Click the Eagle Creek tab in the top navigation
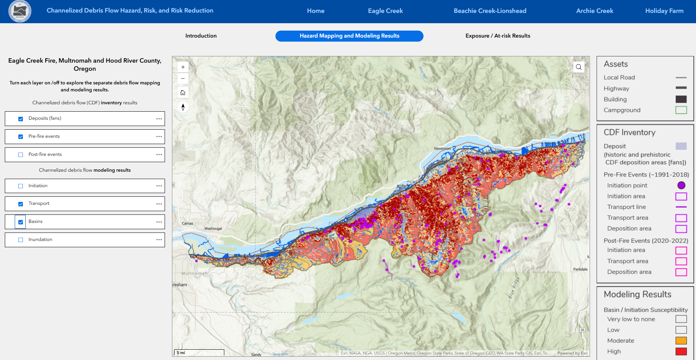click(x=385, y=11)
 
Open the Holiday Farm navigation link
click(x=664, y=11)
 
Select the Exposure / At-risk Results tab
click(x=498, y=36)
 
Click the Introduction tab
click(x=201, y=36)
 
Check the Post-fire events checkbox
click(x=21, y=155)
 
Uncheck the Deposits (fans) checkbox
click(x=21, y=119)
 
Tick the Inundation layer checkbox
click(x=21, y=240)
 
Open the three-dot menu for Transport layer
click(x=159, y=204)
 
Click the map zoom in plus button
click(x=183, y=67)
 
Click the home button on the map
click(x=183, y=92)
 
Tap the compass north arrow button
click(x=183, y=107)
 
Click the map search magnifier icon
click(x=579, y=67)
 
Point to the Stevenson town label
click(x=442, y=148)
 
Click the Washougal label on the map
click(x=213, y=228)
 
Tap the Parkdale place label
click(x=580, y=269)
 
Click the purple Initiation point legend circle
click(x=681, y=185)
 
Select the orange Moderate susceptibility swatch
click(x=681, y=340)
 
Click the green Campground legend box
click(x=681, y=110)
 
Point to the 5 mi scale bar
click(x=199, y=353)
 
